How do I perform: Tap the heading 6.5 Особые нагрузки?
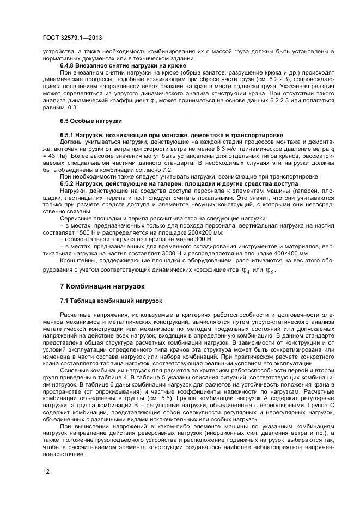coord(90,120)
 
